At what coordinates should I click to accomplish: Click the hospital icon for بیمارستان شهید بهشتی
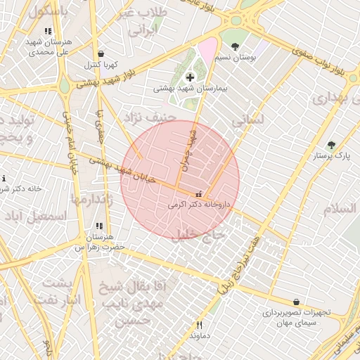tap(189, 77)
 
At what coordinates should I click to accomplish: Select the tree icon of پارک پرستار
tap(331, 145)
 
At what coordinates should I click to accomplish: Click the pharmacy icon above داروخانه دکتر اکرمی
tap(198, 194)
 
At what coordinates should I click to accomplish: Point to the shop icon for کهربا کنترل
tap(102, 53)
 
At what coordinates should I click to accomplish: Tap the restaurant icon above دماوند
tap(199, 324)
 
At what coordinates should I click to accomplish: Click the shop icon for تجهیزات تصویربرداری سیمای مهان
tap(297, 302)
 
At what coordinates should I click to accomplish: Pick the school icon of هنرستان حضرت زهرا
tap(98, 226)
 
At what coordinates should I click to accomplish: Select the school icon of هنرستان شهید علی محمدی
tap(48, 32)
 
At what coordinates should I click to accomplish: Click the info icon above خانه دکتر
tap(4, 179)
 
